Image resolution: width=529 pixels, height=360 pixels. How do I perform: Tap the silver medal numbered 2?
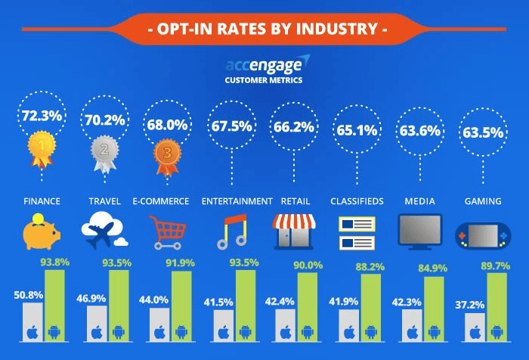pyautogui.click(x=102, y=149)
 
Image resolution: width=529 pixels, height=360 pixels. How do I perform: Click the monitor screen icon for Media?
pyautogui.click(x=419, y=230)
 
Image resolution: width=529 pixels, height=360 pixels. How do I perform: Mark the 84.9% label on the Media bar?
pyautogui.click(x=435, y=268)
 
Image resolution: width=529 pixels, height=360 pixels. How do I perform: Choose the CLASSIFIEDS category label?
pyautogui.click(x=357, y=201)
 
